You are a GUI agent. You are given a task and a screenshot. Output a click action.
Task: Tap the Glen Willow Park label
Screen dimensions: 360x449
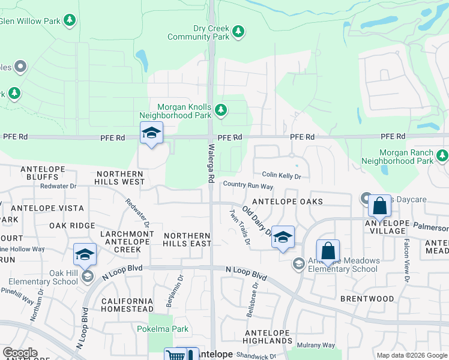point(29,21)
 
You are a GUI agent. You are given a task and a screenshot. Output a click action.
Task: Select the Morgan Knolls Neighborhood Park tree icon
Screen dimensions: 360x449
point(221,110)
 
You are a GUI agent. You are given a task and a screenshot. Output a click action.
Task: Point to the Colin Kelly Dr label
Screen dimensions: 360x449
point(281,176)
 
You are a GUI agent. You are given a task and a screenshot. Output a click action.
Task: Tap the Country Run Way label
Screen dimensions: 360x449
point(249,187)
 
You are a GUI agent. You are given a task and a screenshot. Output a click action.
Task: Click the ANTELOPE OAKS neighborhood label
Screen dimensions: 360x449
point(288,202)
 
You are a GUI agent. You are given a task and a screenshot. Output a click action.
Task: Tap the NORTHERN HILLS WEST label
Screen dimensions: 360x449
point(121,178)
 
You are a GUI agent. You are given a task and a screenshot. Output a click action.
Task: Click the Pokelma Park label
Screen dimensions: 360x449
point(163,329)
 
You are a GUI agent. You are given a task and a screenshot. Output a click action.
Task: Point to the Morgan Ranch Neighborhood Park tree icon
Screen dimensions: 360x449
point(442,156)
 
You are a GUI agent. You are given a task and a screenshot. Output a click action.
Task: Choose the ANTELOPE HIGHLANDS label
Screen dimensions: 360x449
point(269,337)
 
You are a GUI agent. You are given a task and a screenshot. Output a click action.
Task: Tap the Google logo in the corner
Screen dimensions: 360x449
point(20,353)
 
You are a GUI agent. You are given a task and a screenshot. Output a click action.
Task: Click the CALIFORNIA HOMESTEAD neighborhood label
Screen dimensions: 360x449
point(128,305)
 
